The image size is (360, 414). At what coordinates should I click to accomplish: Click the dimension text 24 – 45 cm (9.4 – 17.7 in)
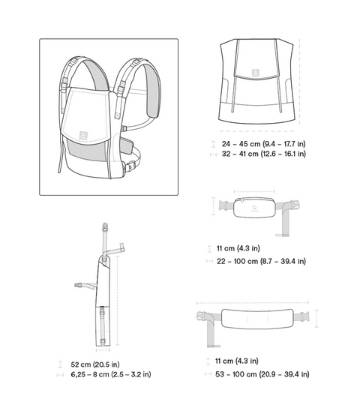263,144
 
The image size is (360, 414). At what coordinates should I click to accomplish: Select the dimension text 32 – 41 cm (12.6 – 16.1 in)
263,154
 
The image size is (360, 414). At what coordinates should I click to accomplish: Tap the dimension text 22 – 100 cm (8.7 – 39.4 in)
261,262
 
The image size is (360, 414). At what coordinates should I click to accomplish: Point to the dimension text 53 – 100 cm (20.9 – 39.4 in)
262,374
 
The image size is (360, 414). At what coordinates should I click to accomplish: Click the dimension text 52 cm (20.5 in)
95,364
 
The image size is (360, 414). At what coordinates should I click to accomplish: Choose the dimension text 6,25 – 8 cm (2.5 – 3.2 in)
111,374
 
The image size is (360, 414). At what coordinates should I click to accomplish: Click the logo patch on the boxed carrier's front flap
83,135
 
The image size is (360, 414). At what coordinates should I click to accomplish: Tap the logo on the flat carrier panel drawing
256,73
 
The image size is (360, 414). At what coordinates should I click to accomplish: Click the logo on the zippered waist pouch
254,208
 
